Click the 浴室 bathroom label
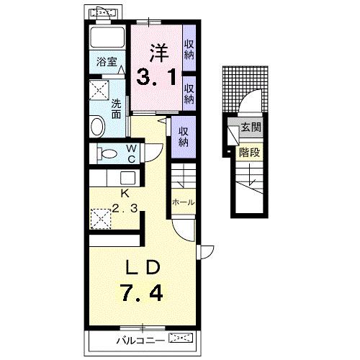pyautogui.click(x=107, y=62)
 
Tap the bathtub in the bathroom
pyautogui.click(x=107, y=37)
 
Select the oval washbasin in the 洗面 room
pyautogui.click(x=97, y=126)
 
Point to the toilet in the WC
pyautogui.click(x=107, y=153)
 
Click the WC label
pyautogui.click(x=132, y=154)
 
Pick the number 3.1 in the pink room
pyautogui.click(x=156, y=77)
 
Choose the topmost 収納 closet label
pyautogui.click(x=189, y=50)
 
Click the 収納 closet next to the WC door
pyautogui.click(x=184, y=137)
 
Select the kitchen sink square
pyautogui.click(x=127, y=178)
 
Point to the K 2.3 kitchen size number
pyautogui.click(x=125, y=208)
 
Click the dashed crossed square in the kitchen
pyautogui.click(x=100, y=219)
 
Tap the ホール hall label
pyautogui.click(x=183, y=202)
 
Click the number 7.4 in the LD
pyautogui.click(x=143, y=292)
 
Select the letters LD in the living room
pyautogui.click(x=143, y=267)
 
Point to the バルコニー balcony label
pyautogui.click(x=141, y=341)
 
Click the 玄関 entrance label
pyautogui.click(x=251, y=127)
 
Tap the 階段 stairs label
pyautogui.click(x=250, y=152)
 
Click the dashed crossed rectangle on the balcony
pyautogui.click(x=181, y=338)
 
